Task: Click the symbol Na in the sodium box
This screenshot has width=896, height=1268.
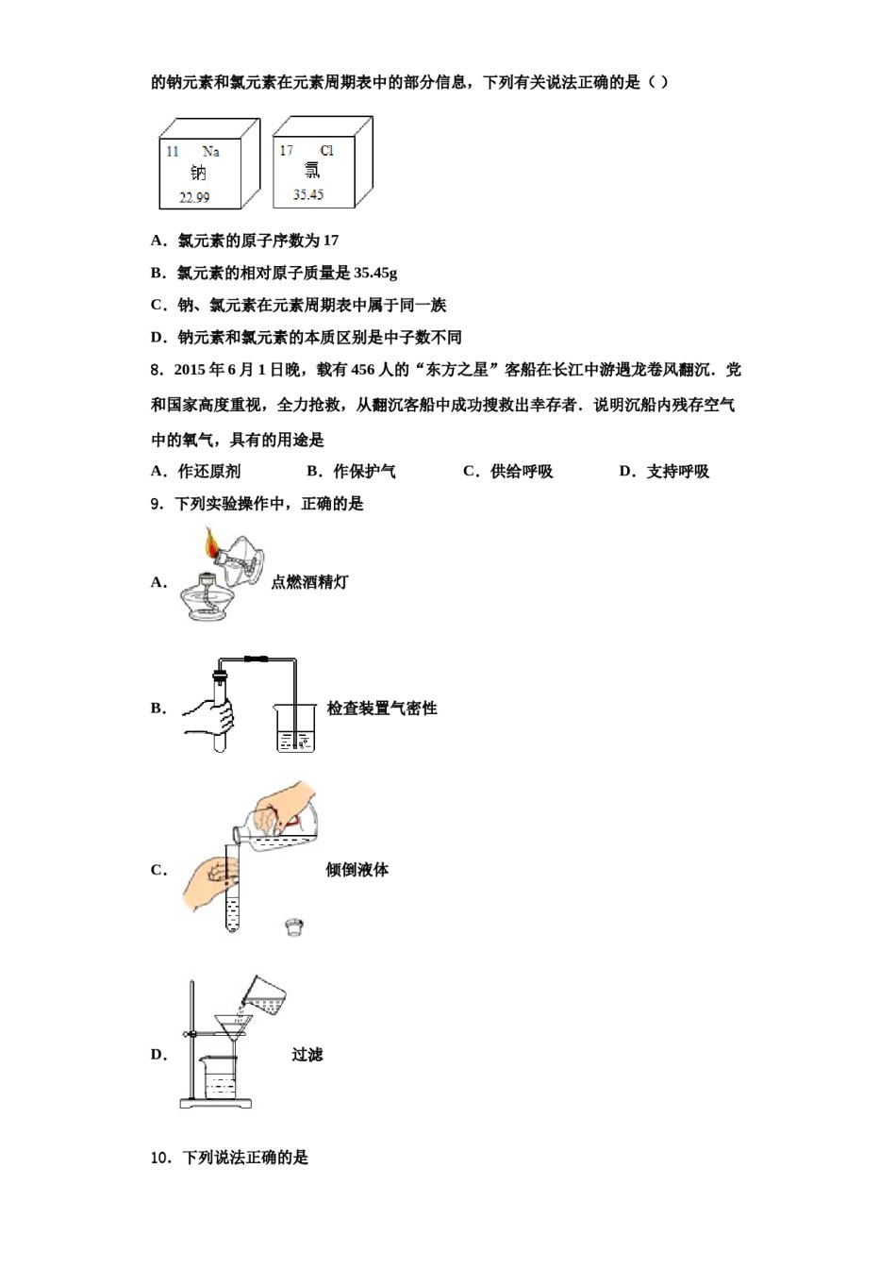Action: click(x=210, y=151)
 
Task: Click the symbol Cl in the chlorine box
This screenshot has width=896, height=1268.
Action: click(x=326, y=150)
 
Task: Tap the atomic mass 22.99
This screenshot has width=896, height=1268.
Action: click(x=194, y=197)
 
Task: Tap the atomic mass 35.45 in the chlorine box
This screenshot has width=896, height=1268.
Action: click(x=307, y=194)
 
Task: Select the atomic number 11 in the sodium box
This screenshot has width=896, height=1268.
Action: click(x=173, y=151)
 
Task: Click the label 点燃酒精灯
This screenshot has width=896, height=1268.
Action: click(x=309, y=582)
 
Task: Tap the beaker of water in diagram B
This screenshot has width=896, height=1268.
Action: click(x=295, y=729)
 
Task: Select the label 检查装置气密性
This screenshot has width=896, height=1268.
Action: click(x=382, y=709)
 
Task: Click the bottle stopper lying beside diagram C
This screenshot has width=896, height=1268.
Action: click(x=294, y=927)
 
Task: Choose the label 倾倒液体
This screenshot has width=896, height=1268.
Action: click(x=357, y=870)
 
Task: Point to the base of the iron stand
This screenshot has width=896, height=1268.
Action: click(x=216, y=1103)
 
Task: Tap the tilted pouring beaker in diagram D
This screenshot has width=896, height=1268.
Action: click(x=265, y=993)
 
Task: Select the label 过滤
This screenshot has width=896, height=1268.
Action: click(x=307, y=1055)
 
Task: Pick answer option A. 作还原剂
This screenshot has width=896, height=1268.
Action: click(x=196, y=472)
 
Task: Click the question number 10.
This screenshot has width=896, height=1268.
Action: click(x=160, y=1158)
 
